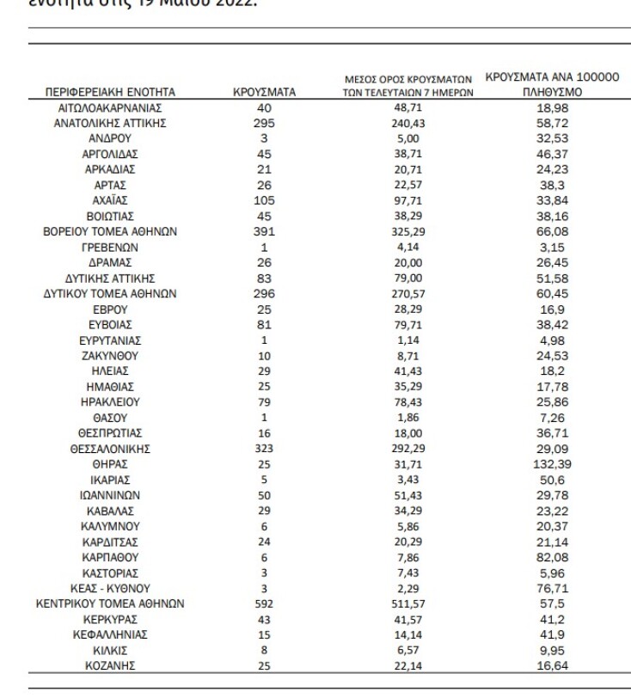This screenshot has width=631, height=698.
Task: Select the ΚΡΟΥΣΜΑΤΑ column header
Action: pyautogui.click(x=265, y=91)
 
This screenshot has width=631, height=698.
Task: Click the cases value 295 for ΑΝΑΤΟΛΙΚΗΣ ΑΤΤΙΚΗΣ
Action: pyautogui.click(x=265, y=123)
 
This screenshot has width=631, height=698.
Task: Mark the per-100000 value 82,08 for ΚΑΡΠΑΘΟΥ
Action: pyautogui.click(x=552, y=556)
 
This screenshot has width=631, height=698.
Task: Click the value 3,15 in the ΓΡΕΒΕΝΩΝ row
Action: pyautogui.click(x=552, y=247)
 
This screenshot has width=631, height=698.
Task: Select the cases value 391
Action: pyautogui.click(x=265, y=231)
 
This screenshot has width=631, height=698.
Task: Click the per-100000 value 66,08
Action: pyautogui.click(x=552, y=231)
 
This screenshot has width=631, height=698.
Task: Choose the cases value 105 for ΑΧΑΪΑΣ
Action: pyautogui.click(x=265, y=200)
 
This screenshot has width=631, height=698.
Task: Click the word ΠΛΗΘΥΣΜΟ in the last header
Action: pyautogui.click(x=552, y=90)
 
